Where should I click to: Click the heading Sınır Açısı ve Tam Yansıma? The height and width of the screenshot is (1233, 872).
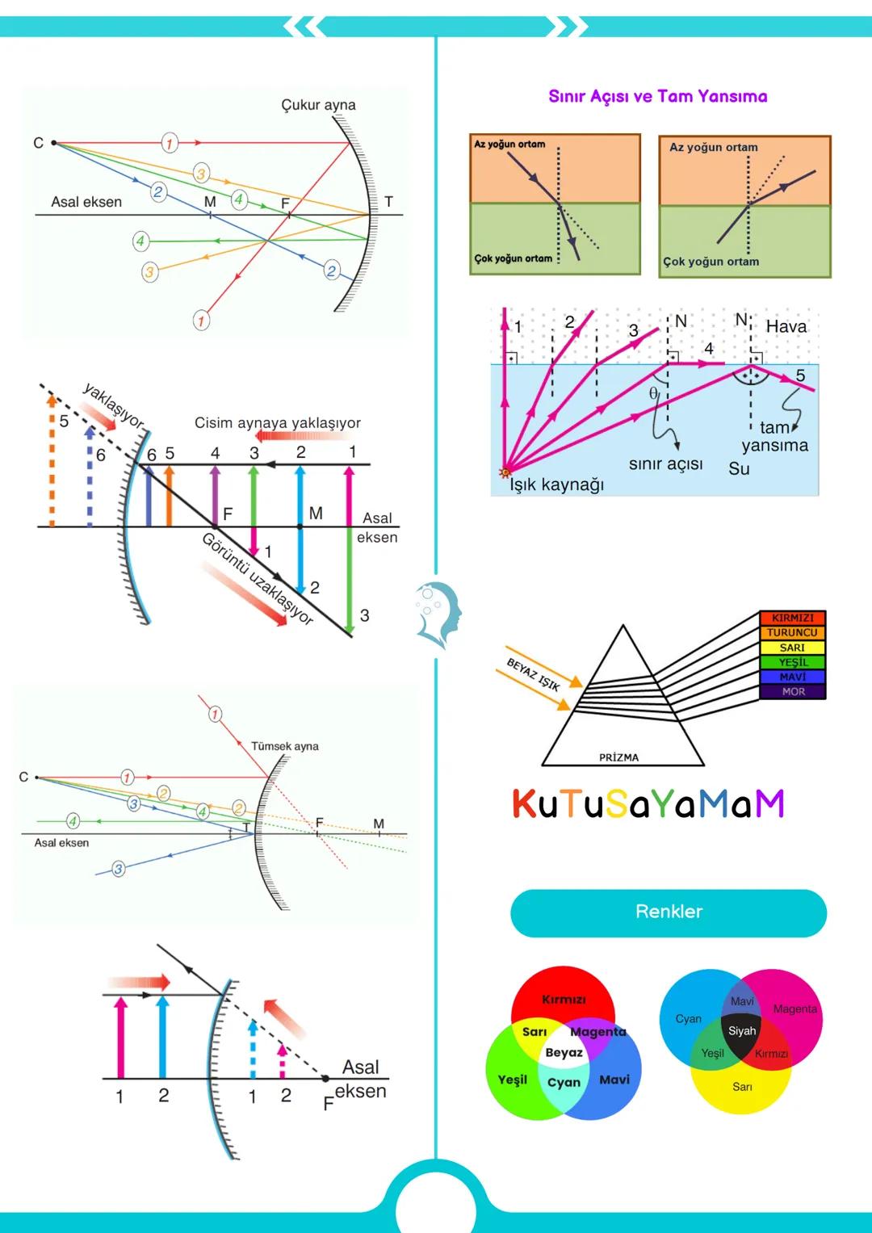click(657, 96)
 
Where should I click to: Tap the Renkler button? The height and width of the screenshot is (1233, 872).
click(669, 912)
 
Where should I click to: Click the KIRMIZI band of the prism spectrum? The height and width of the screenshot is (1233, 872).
click(792, 618)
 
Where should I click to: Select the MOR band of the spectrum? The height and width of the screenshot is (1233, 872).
click(792, 692)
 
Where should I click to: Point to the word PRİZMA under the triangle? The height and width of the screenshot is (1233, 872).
click(618, 757)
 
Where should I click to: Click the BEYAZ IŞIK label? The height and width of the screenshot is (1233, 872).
click(533, 674)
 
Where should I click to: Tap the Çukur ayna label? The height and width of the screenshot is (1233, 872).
click(318, 105)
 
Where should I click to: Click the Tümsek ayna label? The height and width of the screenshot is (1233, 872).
click(284, 746)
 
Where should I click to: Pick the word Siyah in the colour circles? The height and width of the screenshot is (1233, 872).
click(742, 1031)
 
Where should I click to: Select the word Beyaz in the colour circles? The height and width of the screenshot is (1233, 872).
click(564, 1052)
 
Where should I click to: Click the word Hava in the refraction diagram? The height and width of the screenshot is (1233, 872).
click(786, 326)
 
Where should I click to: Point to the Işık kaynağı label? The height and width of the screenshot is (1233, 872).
click(556, 484)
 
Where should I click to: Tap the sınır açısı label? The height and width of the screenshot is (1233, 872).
click(665, 464)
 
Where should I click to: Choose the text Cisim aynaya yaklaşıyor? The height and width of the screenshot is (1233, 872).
click(277, 423)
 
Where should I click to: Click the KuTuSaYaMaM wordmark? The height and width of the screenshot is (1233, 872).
click(648, 803)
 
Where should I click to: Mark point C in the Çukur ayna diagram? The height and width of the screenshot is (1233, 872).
click(53, 143)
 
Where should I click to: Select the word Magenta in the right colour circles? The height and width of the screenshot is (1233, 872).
click(794, 1009)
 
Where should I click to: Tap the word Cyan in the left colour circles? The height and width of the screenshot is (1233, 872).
click(564, 1083)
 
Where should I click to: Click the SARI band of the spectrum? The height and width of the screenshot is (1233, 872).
click(792, 648)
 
